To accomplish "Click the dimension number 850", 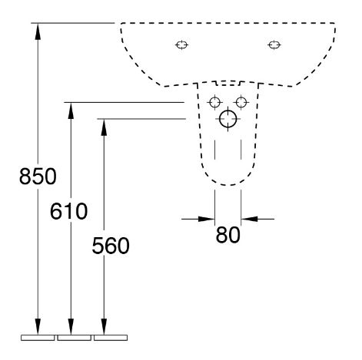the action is click(38, 177).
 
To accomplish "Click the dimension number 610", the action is click(68, 211).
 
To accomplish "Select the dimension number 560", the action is click(111, 246).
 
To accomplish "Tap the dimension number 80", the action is click(227, 235).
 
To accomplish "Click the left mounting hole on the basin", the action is click(182, 45).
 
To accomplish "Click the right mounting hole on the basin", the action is click(274, 45).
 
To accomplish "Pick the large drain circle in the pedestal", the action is click(228, 119).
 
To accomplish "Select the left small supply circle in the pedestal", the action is click(214, 102).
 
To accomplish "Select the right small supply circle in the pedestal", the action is click(241, 102).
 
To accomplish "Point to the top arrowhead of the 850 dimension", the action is click(38, 31).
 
